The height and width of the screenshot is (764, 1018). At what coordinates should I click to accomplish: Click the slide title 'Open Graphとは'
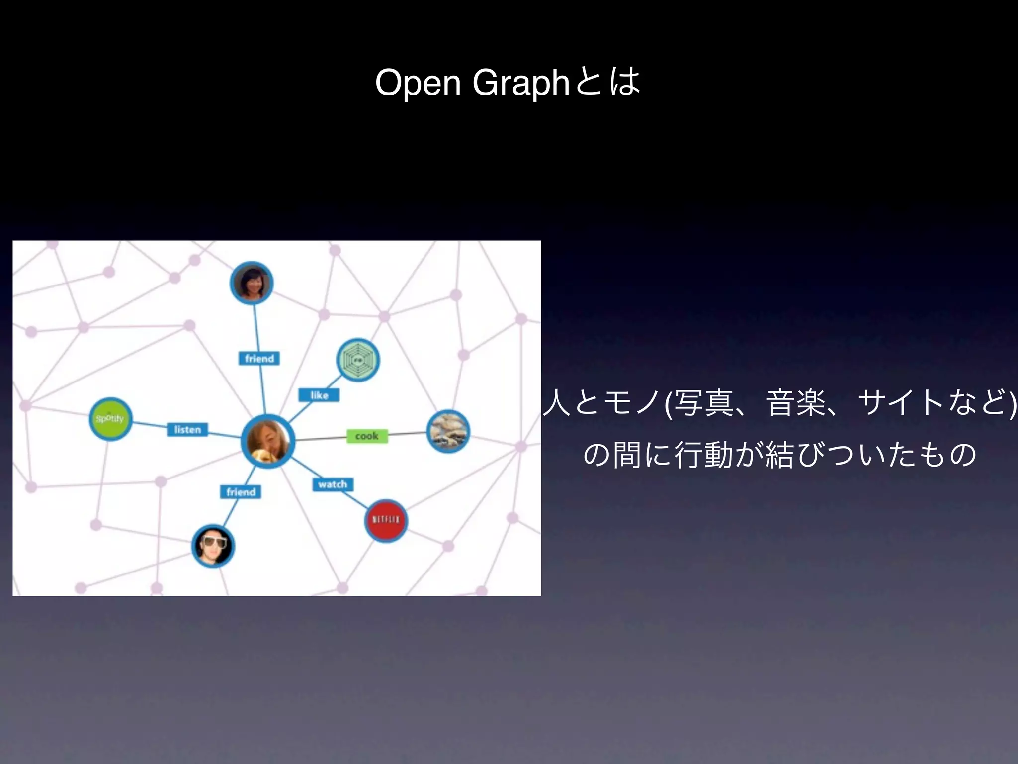tap(508, 83)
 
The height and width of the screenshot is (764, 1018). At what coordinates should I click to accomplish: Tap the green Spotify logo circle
tap(110, 419)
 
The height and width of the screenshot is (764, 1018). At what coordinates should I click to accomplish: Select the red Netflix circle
tap(386, 520)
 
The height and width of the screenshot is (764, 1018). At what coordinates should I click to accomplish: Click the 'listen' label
tap(187, 429)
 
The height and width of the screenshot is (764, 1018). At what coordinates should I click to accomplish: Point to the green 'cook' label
tap(367, 436)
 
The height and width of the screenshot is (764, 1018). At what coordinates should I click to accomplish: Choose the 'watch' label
tap(333, 484)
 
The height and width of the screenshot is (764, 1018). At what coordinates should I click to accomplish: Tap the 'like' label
tap(319, 395)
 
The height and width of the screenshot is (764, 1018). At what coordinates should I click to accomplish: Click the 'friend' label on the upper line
tap(259, 359)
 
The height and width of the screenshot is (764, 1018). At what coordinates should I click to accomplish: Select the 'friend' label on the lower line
tap(241, 492)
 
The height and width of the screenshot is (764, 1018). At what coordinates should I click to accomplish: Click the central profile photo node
tap(268, 441)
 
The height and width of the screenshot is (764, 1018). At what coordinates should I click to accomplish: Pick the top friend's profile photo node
tap(252, 283)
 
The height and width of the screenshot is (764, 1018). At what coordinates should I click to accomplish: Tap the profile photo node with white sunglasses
tap(213, 546)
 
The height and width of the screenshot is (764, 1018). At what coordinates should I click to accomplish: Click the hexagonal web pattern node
tap(358, 360)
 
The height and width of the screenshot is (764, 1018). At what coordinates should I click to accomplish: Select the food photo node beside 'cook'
tap(448, 431)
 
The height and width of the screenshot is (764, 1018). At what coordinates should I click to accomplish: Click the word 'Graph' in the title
tap(520, 83)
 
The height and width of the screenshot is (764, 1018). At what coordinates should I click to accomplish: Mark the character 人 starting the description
tap(557, 403)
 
